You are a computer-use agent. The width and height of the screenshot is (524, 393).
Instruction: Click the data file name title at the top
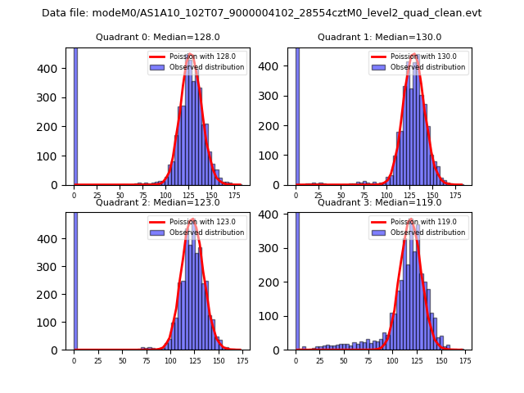click(261, 13)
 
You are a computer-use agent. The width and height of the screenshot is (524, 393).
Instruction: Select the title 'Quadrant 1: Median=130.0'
click(379, 37)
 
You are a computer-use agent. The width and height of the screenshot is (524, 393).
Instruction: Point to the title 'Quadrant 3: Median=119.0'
click(379, 202)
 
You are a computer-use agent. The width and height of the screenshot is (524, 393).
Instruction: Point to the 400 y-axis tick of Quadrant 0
click(56, 68)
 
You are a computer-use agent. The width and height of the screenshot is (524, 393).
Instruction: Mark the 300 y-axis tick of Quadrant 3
click(278, 248)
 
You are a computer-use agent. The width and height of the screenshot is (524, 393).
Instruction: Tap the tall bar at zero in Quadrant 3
click(297, 278)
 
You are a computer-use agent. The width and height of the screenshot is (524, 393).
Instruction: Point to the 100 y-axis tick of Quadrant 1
click(278, 156)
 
